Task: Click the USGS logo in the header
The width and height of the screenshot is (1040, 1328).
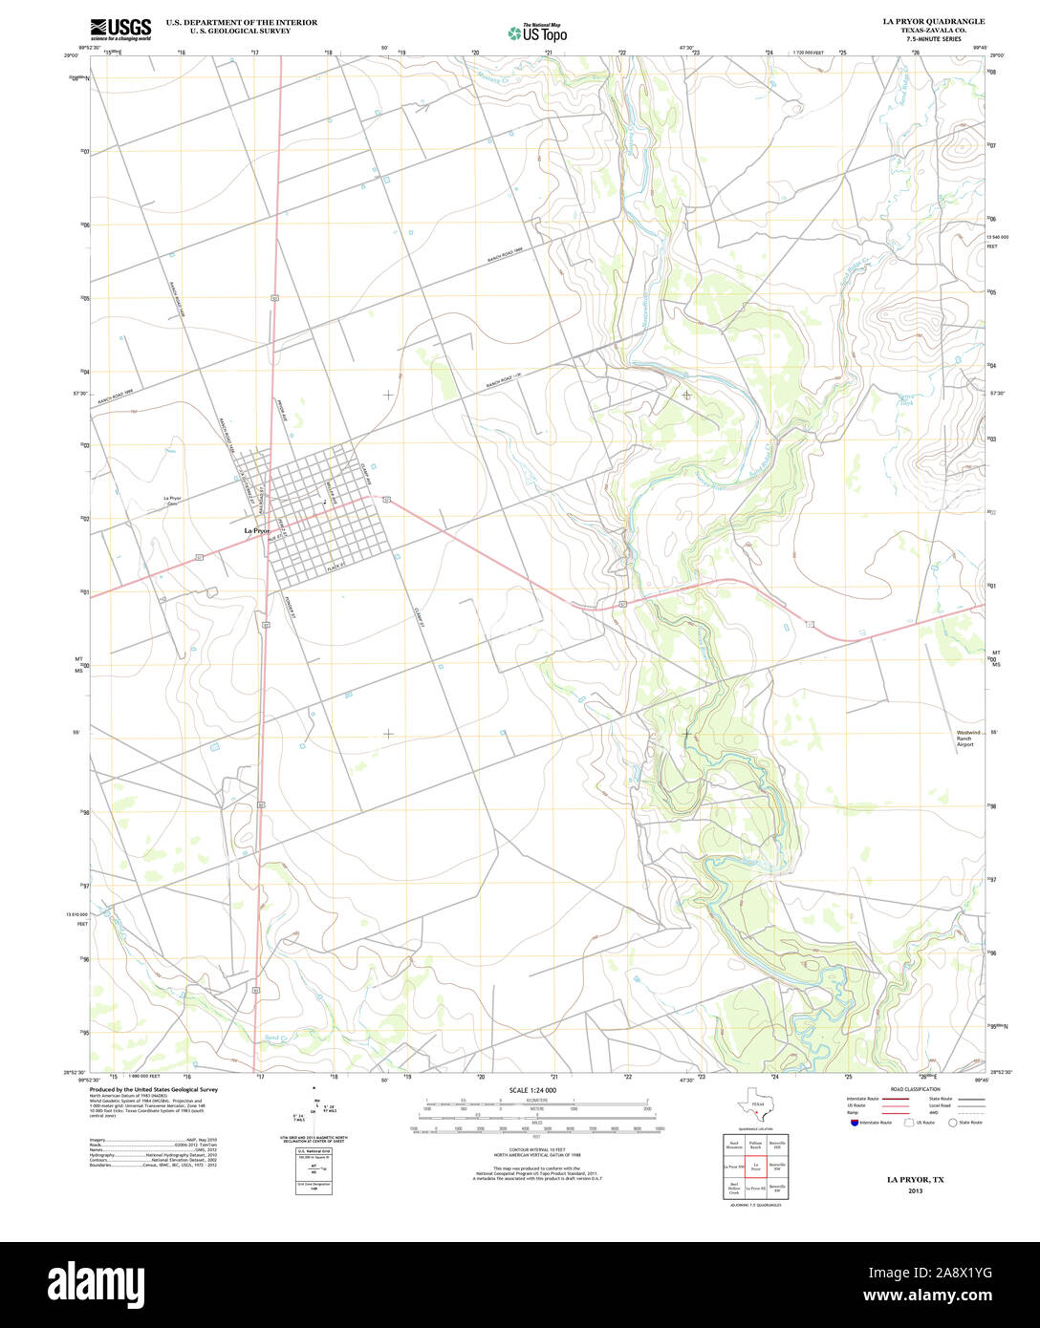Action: pos(120,29)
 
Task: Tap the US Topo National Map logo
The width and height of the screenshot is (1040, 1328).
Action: pos(536,32)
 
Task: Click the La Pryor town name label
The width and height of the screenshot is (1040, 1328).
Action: pos(257,530)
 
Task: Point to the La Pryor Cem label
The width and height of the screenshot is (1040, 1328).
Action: pos(172,502)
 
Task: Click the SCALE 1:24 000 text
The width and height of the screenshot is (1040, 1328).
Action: pos(532,1090)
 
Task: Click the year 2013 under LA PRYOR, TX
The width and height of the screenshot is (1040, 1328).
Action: pos(916,1191)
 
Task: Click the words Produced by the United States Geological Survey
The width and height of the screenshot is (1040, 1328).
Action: pos(154,1089)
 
